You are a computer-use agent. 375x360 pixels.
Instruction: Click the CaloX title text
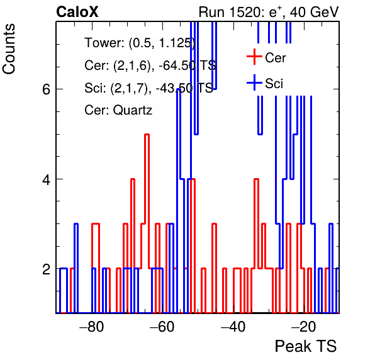tap(77, 12)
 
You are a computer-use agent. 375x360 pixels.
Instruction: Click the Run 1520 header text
tap(269, 12)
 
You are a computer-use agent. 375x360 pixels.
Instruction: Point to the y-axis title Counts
tap(9, 49)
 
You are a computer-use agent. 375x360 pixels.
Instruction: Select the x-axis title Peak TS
tap(306, 346)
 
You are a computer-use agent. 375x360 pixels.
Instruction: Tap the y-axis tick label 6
tap(46, 90)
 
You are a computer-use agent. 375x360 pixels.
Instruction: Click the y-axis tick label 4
tap(46, 179)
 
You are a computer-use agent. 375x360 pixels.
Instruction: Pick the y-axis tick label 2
tap(46, 269)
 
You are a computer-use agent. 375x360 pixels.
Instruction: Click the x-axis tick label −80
tap(92, 327)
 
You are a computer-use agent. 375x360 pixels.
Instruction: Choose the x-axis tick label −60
tap(162, 327)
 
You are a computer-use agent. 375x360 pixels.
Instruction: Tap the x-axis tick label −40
tap(233, 327)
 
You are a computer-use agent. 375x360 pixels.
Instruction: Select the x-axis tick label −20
tap(304, 327)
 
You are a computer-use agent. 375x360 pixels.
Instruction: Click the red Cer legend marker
tap(254, 57)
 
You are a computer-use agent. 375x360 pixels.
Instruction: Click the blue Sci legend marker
tap(254, 83)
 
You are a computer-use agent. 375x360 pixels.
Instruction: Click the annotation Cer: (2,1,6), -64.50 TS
tap(150, 65)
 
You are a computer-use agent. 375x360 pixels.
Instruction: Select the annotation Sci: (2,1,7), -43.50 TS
tap(148, 87)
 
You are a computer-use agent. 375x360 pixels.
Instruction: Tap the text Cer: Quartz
tap(118, 110)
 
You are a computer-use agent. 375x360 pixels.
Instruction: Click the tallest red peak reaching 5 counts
tap(147, 135)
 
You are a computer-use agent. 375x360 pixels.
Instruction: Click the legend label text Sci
tap(274, 84)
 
